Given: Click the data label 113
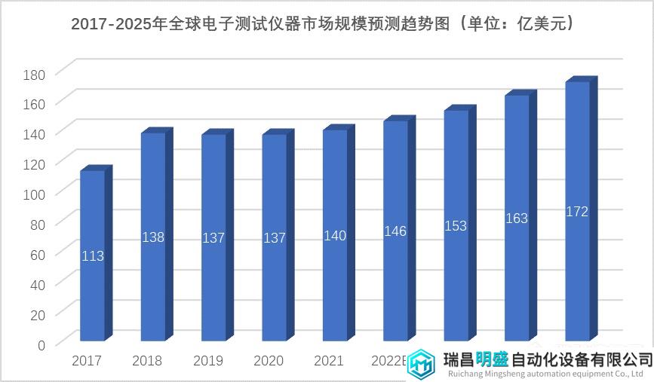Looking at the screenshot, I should pyautogui.click(x=92, y=256).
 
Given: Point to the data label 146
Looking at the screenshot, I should pyautogui.click(x=395, y=231).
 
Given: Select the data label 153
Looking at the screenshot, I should pyautogui.click(x=456, y=226).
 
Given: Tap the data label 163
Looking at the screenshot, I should pyautogui.click(x=517, y=219).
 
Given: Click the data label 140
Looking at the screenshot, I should pyautogui.click(x=335, y=236).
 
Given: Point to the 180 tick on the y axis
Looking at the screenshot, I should pyautogui.click(x=35, y=74).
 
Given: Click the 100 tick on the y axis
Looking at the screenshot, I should pyautogui.click(x=35, y=194).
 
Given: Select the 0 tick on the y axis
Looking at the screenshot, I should pyautogui.click(x=41, y=344).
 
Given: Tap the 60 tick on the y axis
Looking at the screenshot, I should pyautogui.click(x=38, y=254).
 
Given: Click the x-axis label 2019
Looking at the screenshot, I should pyautogui.click(x=208, y=361).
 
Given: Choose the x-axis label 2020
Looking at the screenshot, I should pyautogui.click(x=269, y=361).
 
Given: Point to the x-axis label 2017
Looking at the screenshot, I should pyautogui.click(x=87, y=361).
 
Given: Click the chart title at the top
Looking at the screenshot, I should pyautogui.click(x=327, y=24).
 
